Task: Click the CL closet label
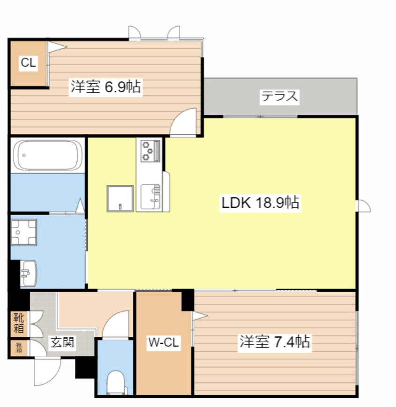click(28, 64)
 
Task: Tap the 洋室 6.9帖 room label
click(106, 87)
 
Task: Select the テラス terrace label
click(279, 97)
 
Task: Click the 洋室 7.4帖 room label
click(274, 342)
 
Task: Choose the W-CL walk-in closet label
click(163, 343)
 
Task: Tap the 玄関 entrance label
click(62, 342)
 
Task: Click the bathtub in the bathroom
click(48, 155)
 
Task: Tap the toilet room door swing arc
click(115, 324)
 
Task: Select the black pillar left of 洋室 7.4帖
click(188, 300)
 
